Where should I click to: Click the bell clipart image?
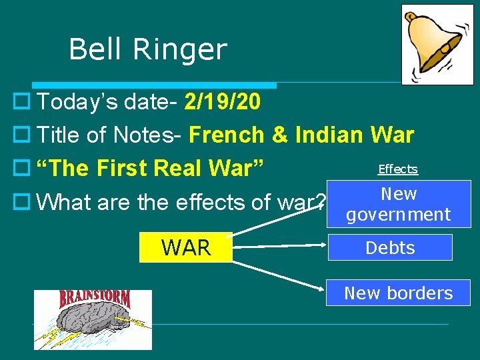437,44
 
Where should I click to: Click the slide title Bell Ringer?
147,49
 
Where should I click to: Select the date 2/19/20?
223,102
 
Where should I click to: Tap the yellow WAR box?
186,247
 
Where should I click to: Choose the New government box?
398,205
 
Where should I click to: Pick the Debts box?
389,247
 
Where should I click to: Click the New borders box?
398,293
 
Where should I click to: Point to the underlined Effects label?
397,169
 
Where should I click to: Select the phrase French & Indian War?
301,135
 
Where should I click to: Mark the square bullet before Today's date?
19,103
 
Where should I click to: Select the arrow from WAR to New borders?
280,271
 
